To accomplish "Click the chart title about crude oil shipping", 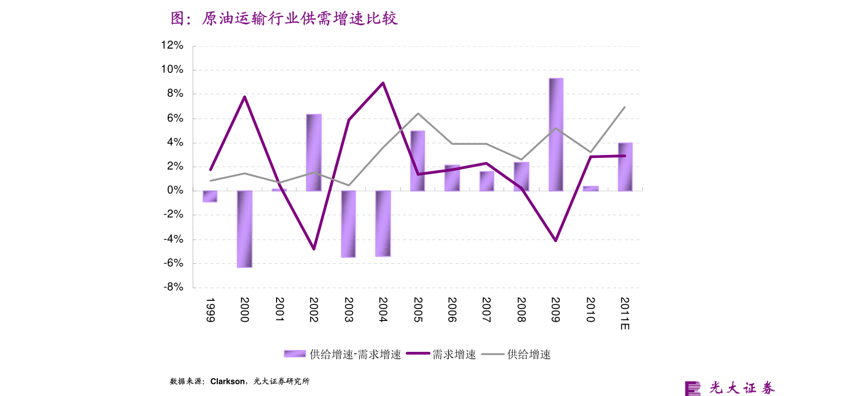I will click(284, 19).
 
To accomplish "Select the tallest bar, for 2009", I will click(556, 134).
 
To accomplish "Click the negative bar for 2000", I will click(245, 228).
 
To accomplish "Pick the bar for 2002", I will click(314, 152).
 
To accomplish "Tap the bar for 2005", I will click(417, 161).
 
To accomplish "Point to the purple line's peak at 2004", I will click(383, 83).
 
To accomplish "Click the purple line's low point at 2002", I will click(314, 249).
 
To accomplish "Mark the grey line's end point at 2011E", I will click(625, 107).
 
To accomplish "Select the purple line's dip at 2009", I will click(556, 241).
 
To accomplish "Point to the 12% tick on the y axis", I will click(172, 45).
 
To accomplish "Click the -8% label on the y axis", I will click(173, 287).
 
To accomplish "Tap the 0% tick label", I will click(175, 190).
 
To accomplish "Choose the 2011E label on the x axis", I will click(625, 313).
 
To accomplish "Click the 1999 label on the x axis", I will click(210, 309).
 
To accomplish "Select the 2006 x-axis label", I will click(452, 309).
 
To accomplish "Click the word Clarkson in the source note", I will click(227, 381).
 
